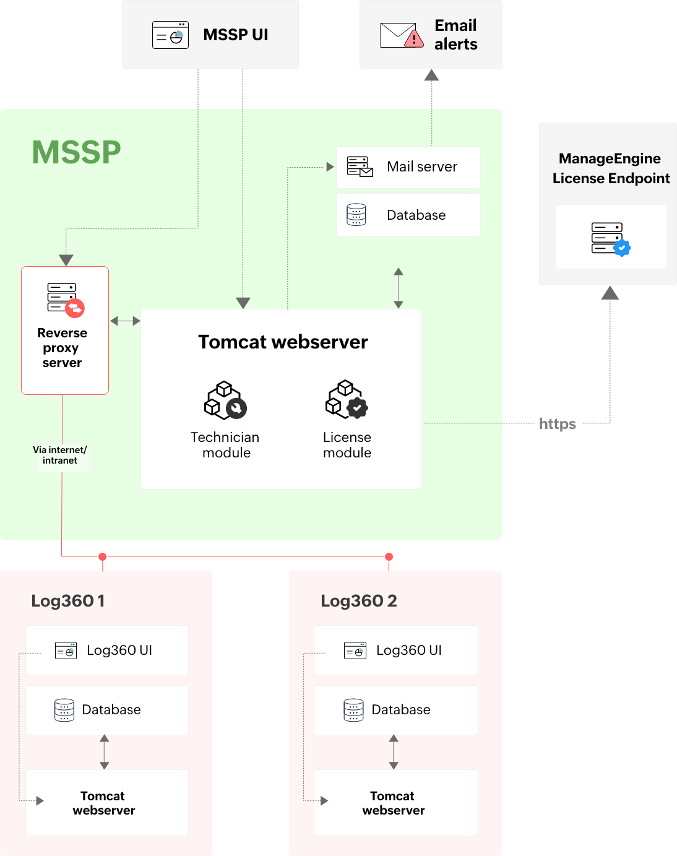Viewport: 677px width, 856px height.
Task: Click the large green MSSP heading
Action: (76, 152)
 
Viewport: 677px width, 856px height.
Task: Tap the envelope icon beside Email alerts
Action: (401, 35)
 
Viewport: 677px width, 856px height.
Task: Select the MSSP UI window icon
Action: (170, 35)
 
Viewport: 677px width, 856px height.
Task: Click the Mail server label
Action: (421, 166)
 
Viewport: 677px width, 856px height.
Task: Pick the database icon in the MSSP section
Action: (356, 215)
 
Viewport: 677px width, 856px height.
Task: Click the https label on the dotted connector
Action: (558, 423)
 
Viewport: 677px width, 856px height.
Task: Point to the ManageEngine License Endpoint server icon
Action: (610, 238)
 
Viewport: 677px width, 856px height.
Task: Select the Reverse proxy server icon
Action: (65, 299)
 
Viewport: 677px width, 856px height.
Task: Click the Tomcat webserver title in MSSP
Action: (283, 342)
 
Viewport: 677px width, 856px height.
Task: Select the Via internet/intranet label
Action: (60, 455)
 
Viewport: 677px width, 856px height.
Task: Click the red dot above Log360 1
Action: (103, 556)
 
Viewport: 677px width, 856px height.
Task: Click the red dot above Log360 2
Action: (389, 556)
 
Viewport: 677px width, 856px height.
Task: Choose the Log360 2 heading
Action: (358, 601)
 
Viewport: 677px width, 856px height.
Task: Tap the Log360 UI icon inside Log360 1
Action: (66, 651)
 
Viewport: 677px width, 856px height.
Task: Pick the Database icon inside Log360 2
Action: (353, 710)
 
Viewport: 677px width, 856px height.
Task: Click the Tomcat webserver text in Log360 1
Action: (103, 803)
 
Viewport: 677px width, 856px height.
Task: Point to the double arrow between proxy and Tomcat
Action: (125, 321)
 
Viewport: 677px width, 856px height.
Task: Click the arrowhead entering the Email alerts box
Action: (431, 76)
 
